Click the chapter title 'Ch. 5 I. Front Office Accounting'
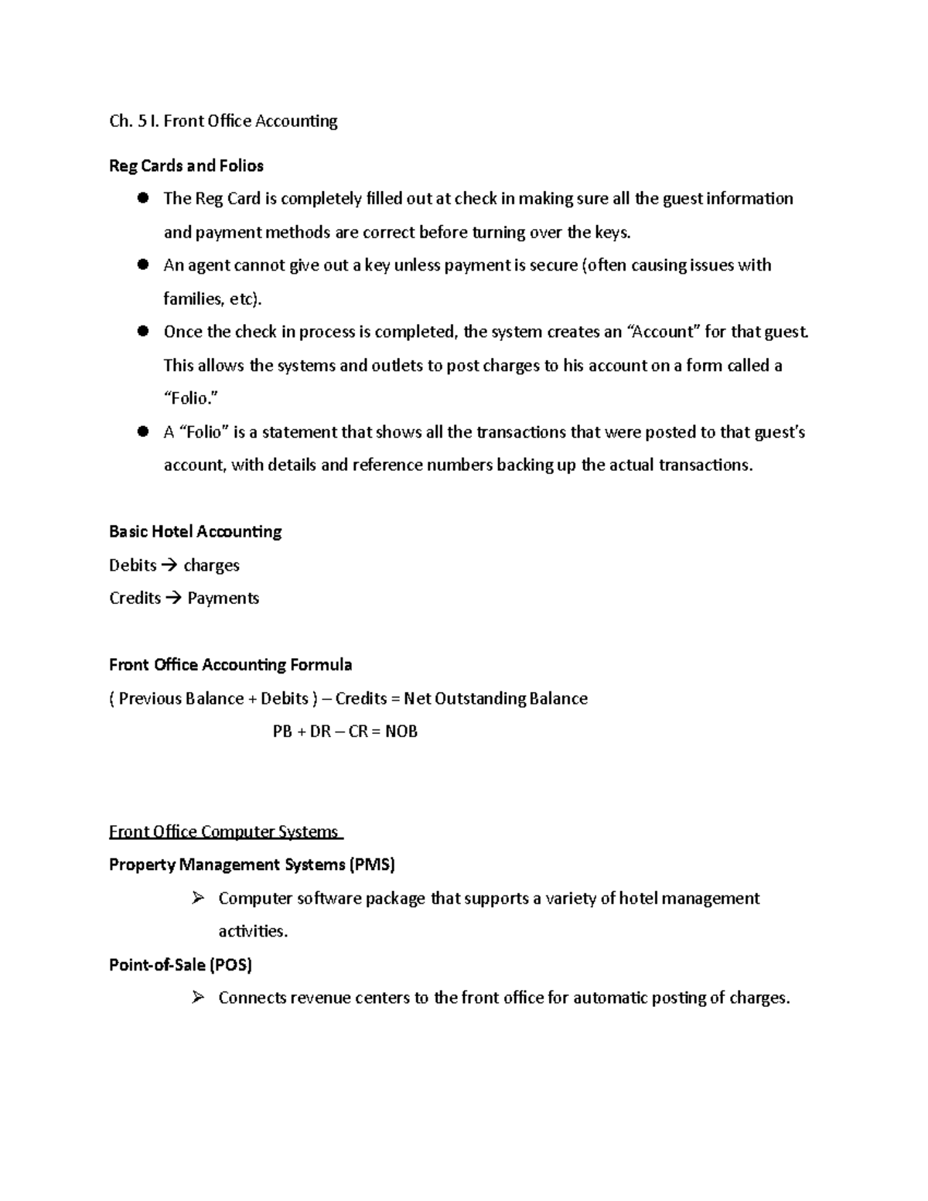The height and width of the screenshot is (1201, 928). point(223,121)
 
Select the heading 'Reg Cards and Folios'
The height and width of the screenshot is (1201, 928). point(186,165)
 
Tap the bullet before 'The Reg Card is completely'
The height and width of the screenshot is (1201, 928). point(142,198)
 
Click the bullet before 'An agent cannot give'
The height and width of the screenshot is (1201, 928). point(142,264)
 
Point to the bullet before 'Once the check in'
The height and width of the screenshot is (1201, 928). point(142,331)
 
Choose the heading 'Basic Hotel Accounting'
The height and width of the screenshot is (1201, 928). point(195,531)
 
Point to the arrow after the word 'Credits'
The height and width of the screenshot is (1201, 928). point(174,599)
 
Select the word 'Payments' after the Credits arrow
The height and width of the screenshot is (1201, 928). point(223,599)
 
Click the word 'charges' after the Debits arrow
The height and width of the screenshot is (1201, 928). point(211,565)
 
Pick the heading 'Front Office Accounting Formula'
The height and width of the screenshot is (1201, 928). point(230,665)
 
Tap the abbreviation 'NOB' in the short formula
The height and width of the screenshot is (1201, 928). point(401,732)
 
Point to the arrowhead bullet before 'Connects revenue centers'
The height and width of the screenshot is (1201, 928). point(197,998)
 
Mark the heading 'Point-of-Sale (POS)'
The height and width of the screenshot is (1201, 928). point(180,964)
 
